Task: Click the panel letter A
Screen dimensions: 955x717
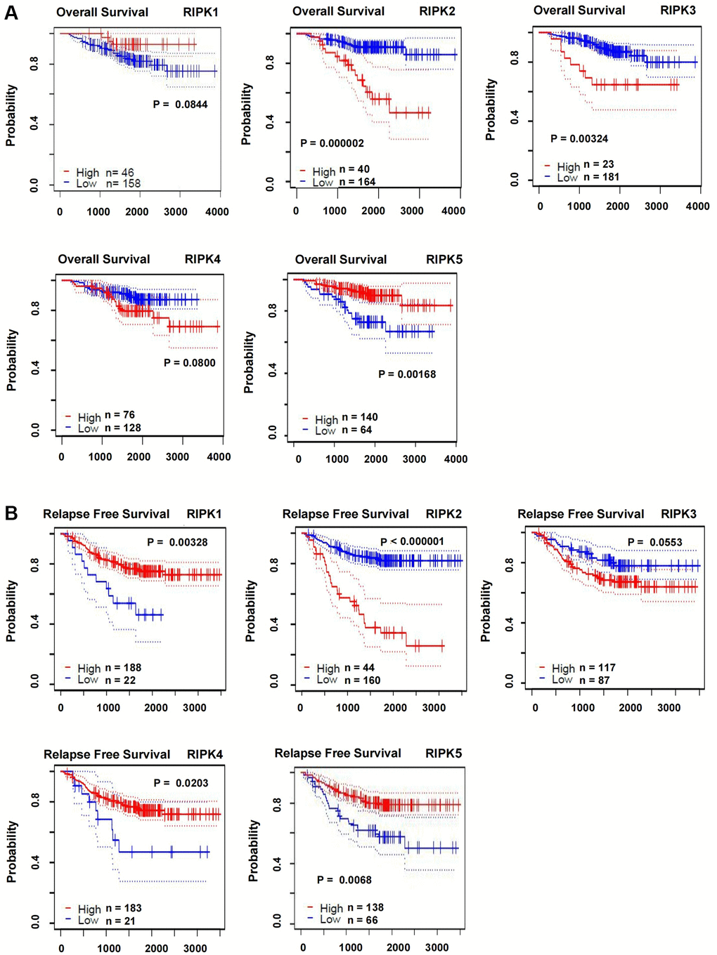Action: click(x=11, y=12)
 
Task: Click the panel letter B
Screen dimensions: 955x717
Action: click(x=11, y=513)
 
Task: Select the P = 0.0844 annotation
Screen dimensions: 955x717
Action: click(x=181, y=105)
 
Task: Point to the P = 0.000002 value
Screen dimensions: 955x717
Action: click(x=332, y=143)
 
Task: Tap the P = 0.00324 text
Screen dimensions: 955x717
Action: click(x=579, y=138)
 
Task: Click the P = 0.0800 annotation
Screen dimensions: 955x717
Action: click(x=190, y=362)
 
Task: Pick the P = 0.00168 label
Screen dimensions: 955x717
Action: click(x=407, y=374)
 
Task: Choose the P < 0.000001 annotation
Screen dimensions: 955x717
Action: click(x=412, y=541)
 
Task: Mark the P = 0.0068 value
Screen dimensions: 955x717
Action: click(x=344, y=880)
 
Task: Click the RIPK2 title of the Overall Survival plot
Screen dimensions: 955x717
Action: click(x=437, y=11)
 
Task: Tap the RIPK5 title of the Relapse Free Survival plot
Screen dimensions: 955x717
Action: click(x=444, y=753)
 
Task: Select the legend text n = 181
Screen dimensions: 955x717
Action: click(x=601, y=177)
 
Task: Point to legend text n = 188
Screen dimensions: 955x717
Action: click(x=123, y=668)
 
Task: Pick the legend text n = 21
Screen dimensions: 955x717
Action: click(x=120, y=921)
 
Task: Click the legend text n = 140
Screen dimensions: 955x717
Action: click(x=360, y=417)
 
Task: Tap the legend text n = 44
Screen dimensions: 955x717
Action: click(x=358, y=668)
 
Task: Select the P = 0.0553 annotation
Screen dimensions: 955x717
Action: click(x=655, y=542)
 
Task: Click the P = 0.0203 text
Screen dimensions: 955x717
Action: click(x=181, y=783)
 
